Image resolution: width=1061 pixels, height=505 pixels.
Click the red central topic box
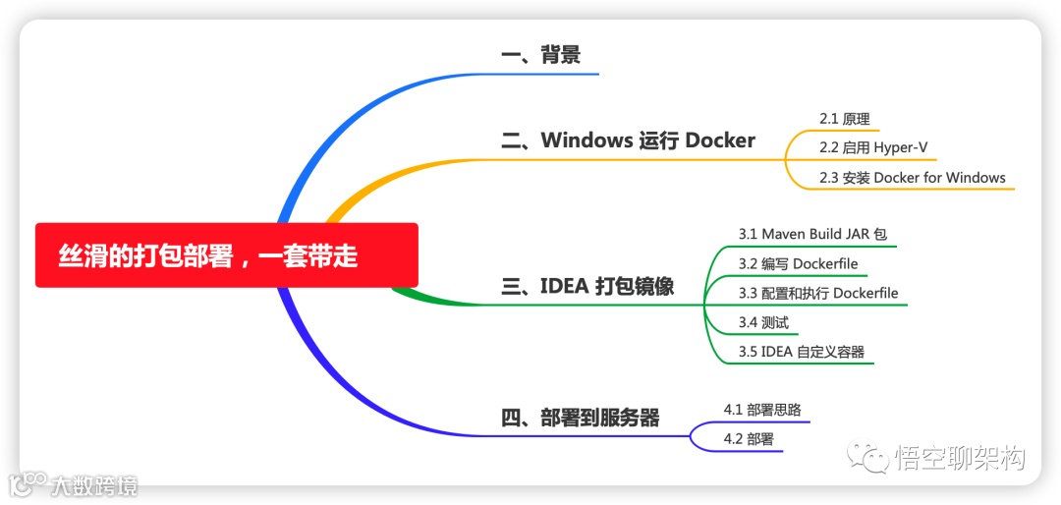coord(226,255)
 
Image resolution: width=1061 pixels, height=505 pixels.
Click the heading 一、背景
coord(540,55)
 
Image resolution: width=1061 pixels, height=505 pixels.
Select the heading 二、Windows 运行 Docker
coord(628,140)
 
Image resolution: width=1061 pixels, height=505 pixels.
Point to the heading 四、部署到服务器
coord(580,418)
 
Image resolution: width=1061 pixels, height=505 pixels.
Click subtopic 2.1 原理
coord(844,119)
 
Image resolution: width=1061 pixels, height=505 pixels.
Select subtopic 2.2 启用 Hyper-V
coord(873,148)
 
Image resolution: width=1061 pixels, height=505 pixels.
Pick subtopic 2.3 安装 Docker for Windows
coord(912,178)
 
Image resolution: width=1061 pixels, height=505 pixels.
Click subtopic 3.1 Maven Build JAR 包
coord(812,235)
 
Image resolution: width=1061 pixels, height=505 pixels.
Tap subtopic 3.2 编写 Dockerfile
coord(798,263)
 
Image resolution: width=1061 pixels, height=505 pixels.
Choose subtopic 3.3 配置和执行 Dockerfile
coord(818,293)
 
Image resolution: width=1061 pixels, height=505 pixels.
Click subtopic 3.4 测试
coord(763,322)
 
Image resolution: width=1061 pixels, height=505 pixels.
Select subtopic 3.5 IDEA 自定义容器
coord(802,352)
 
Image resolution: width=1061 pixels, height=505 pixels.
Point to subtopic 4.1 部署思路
coord(754,410)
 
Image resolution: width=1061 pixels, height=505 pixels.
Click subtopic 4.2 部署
coord(748,439)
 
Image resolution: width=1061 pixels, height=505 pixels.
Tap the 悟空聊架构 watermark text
coord(960,458)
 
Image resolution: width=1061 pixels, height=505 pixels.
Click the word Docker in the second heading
coord(720,140)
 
